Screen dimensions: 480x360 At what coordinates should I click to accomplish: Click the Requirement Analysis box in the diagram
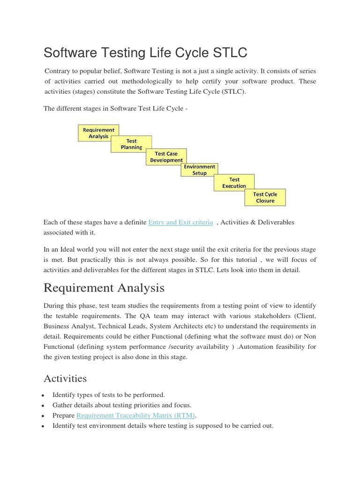point(98,133)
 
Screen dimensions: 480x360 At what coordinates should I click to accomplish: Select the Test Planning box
point(131,144)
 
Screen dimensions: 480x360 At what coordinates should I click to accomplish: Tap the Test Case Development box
point(166,157)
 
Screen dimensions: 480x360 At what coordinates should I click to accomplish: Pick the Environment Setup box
point(199,170)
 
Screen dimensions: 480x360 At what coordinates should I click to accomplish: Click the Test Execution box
point(234,183)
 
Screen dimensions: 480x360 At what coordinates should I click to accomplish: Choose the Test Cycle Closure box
point(265,197)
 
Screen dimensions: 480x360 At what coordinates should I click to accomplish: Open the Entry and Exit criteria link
point(180,222)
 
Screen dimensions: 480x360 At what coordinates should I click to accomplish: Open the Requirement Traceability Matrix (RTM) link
point(136,415)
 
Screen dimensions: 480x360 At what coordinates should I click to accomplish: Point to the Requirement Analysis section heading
point(104,287)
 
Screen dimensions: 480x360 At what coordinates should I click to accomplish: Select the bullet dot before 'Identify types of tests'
point(44,396)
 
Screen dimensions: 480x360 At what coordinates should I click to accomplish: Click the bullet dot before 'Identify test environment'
point(44,427)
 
